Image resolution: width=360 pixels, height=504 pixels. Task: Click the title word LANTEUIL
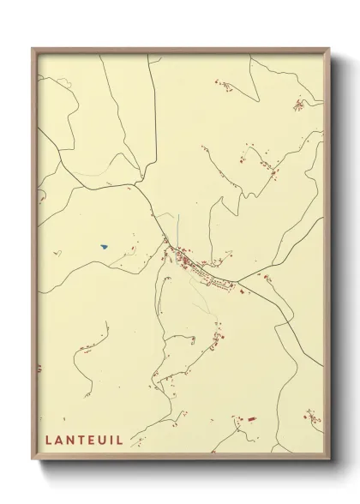pyautogui.click(x=84, y=440)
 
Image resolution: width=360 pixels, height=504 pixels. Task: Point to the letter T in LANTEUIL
pyautogui.click(x=81, y=440)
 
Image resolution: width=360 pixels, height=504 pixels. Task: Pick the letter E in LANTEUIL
pyautogui.click(x=91, y=440)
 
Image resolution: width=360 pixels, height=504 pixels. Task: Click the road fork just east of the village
pyautogui.click(x=240, y=280)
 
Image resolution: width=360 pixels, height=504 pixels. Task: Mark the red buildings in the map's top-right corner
pyautogui.click(x=298, y=105)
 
